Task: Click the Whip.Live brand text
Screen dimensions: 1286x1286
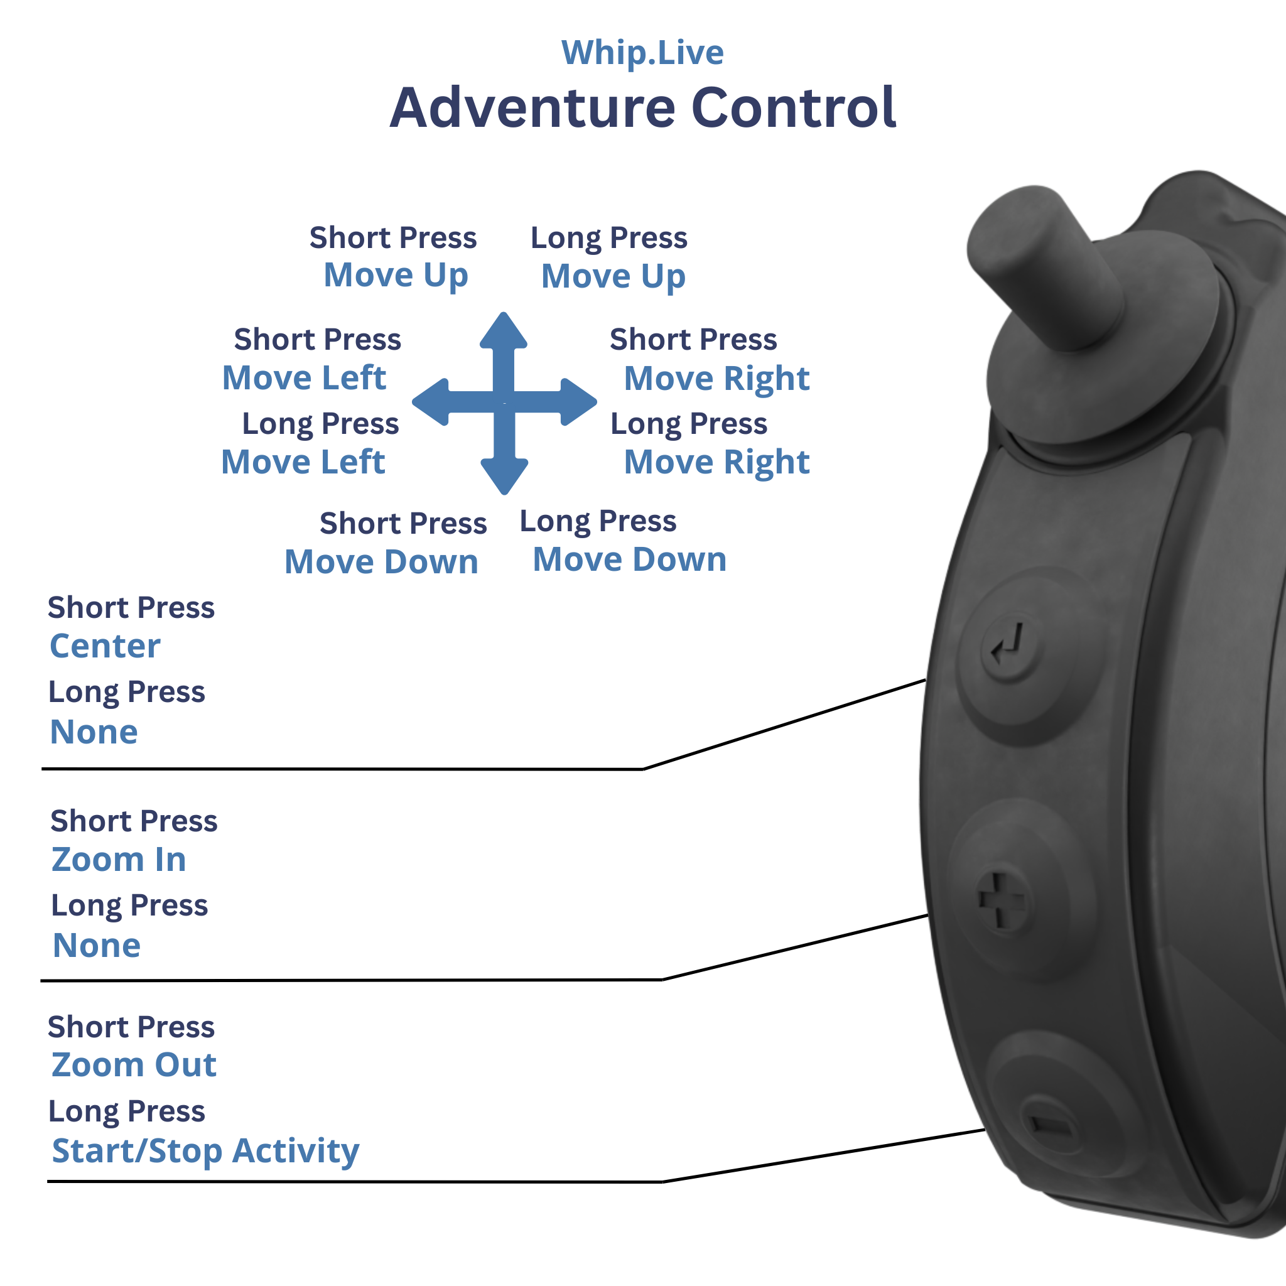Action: point(642,53)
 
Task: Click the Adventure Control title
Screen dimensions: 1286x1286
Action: point(643,108)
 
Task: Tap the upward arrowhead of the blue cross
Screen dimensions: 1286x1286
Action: point(504,331)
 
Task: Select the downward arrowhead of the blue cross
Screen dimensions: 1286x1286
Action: point(504,475)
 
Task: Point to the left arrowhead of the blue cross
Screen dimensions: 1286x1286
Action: point(432,402)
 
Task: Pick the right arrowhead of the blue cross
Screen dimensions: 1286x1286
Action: point(576,402)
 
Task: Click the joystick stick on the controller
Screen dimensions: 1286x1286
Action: point(1045,266)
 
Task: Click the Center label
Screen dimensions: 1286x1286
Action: point(105,646)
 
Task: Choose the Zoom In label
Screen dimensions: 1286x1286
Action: point(119,860)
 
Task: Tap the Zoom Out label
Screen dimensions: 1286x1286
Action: point(134,1064)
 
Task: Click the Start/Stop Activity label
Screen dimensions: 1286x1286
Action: point(205,1150)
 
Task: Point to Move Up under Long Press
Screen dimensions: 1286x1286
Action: point(613,276)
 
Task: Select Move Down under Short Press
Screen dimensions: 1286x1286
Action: point(381,562)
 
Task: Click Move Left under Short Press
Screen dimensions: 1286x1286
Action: point(304,378)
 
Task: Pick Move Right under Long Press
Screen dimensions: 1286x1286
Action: point(716,462)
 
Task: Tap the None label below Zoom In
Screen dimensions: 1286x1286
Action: point(97,945)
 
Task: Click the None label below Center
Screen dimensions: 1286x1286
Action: point(94,732)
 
